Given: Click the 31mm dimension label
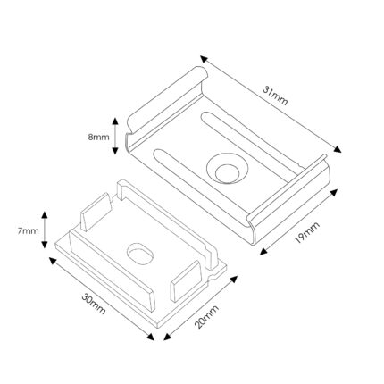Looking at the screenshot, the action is [275, 96].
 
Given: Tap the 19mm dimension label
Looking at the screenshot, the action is [307, 232].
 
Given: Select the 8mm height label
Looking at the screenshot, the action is [98, 138].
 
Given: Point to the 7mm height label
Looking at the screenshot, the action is [28, 230].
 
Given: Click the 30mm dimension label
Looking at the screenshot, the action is [94, 304].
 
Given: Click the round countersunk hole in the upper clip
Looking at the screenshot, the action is [227, 169].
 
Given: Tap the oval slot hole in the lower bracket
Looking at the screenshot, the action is [140, 254].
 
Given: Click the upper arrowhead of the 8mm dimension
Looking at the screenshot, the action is [115, 121].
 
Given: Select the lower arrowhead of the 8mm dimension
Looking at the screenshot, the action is [115, 151].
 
